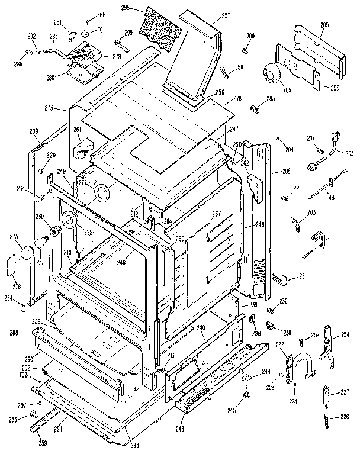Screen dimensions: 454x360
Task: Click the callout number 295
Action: (x=125, y=8)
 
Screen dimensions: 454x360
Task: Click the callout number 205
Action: (x=324, y=25)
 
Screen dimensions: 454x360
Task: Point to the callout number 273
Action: (x=49, y=108)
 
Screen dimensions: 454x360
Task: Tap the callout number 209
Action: (x=34, y=131)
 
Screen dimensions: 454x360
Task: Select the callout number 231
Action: (x=303, y=276)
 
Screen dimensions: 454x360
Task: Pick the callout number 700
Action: (x=251, y=37)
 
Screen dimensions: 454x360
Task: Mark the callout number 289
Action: (x=36, y=321)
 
